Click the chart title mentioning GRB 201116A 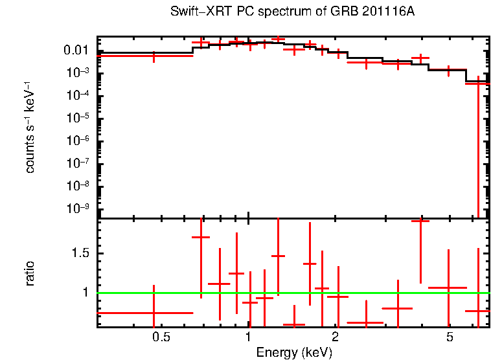pyautogui.click(x=292, y=12)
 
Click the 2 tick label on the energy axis pyautogui.click(x=335, y=337)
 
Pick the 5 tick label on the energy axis pyautogui.click(x=450, y=337)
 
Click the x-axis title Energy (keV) pyautogui.click(x=294, y=352)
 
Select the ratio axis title pyautogui.click(x=30, y=273)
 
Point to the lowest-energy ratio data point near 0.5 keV pyautogui.click(x=154, y=312)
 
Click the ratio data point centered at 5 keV pyautogui.click(x=448, y=287)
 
